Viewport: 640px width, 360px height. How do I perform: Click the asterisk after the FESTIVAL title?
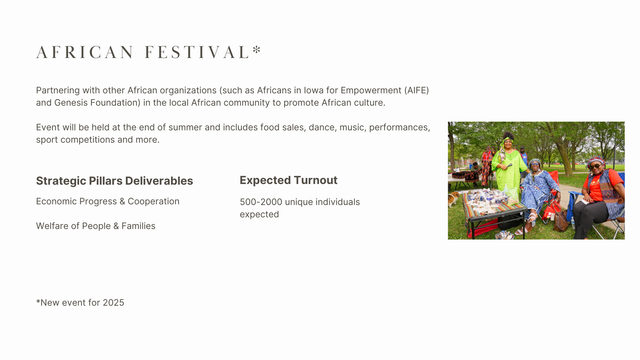coord(257,50)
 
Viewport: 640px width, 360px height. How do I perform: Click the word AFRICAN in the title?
coord(85,52)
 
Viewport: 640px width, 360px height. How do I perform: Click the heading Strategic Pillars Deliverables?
coord(115,181)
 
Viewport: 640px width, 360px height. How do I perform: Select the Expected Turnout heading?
coord(289,180)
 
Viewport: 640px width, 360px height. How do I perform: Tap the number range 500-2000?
coord(261,202)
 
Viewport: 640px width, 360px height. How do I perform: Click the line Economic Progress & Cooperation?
coord(108,201)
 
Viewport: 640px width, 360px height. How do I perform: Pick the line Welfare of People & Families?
coord(96,226)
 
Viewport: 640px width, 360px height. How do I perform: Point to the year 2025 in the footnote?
coord(113,303)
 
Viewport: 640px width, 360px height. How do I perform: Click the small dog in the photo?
coord(454,198)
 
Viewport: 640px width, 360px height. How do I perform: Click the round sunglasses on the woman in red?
coord(596,166)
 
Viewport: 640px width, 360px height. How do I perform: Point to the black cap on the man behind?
coord(522,147)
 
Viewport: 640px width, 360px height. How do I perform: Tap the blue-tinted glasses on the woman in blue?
coord(535,164)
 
